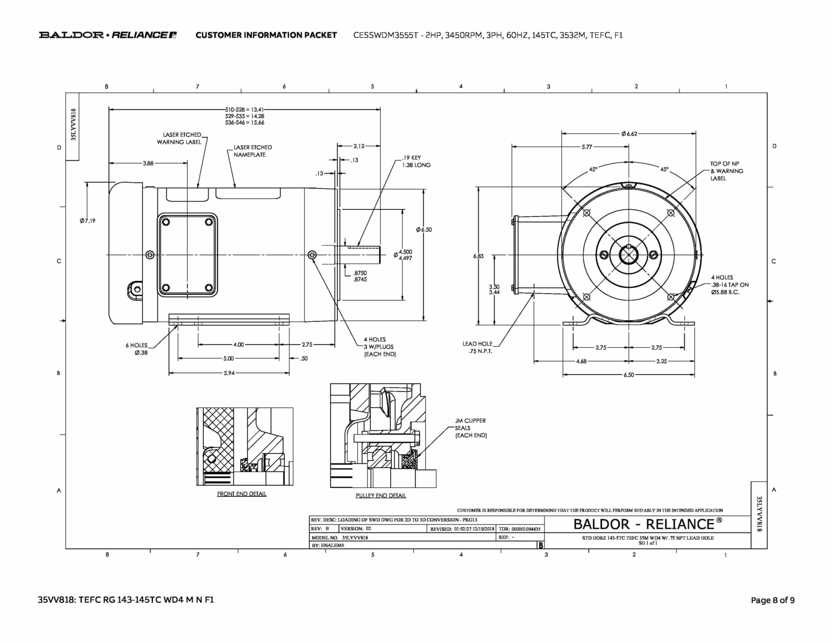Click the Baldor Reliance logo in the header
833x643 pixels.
pos(108,35)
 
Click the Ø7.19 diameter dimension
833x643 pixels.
pos(87,221)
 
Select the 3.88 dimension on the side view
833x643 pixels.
pos(148,163)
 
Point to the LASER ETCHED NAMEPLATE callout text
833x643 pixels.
pos(252,151)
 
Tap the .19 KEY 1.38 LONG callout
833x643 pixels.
pos(416,161)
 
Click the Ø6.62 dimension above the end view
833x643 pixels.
pos(629,134)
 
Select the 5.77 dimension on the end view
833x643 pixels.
pos(587,147)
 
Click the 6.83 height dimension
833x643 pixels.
pos(478,256)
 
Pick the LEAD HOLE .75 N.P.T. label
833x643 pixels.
pos(478,347)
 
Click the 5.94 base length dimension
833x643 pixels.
pos(229,373)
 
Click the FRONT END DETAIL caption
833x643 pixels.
pos(242,494)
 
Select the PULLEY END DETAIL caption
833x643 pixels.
pos(381,495)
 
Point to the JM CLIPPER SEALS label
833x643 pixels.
pos(471,428)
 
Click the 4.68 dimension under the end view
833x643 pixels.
pos(581,361)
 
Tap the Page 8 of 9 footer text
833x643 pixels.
pos(772,600)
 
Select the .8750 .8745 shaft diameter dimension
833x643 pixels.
pos(360,276)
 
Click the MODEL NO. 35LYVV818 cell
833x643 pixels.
pos(340,537)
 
